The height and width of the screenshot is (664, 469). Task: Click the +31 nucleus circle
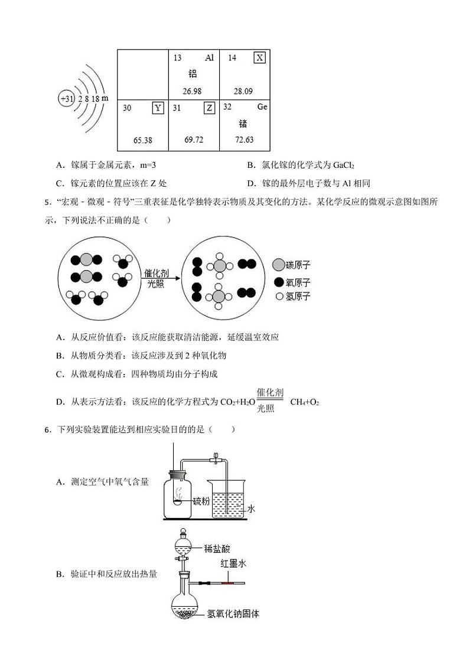click(66, 99)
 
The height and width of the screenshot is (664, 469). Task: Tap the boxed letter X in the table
click(259, 57)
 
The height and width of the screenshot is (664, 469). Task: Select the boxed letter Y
click(158, 108)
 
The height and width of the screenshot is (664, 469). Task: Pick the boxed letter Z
click(209, 108)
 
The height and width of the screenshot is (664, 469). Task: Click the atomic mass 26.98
click(192, 91)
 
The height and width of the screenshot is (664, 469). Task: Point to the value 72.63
click(244, 139)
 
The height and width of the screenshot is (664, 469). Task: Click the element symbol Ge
click(262, 107)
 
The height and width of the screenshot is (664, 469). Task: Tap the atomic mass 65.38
click(143, 140)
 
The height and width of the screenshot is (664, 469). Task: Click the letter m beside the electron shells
click(105, 97)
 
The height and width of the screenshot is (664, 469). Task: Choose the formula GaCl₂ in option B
click(343, 165)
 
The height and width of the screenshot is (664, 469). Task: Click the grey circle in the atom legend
click(278, 266)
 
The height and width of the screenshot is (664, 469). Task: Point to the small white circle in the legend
click(279, 297)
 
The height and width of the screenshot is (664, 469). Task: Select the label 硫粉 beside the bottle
click(201, 501)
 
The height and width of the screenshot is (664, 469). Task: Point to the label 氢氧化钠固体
click(233, 613)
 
